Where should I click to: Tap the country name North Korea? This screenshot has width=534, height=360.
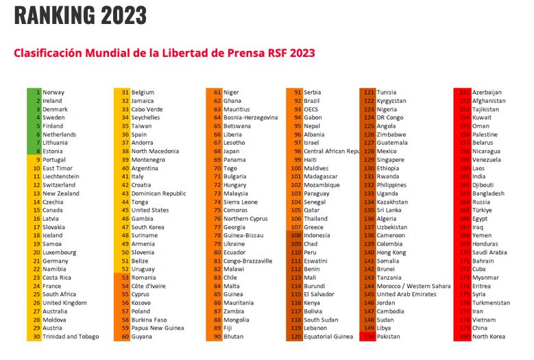(488, 337)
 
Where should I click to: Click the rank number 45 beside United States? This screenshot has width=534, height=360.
(125, 211)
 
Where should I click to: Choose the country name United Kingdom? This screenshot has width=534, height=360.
(64, 303)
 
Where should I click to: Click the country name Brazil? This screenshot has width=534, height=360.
(313, 101)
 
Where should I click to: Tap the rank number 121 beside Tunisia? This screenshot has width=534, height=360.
(369, 93)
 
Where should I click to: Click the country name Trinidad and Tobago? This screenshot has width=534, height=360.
(71, 337)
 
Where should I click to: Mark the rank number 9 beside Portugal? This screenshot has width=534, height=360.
(38, 160)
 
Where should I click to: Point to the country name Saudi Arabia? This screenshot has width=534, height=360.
(489, 252)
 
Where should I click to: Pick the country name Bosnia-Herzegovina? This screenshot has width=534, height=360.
(250, 118)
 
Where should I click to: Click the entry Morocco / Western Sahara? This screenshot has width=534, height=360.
(414, 286)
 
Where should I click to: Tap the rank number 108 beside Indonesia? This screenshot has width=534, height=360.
(296, 235)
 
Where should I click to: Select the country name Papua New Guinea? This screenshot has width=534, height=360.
(159, 328)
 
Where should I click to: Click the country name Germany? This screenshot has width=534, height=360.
(56, 261)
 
